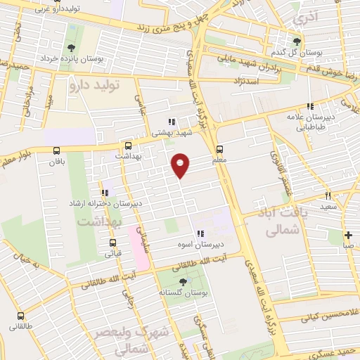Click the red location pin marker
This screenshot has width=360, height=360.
point(181,165)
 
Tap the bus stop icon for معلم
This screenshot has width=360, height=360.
point(220,149)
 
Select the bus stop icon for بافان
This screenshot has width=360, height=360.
point(56,150)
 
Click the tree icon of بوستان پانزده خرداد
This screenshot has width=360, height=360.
point(71,48)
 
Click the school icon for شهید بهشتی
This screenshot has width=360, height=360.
point(172,121)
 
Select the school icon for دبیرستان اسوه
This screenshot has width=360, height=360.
point(200,233)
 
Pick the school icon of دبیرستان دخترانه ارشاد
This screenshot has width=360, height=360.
point(105,193)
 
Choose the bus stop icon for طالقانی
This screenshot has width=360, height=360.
point(20,315)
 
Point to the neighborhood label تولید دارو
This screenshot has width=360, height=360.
point(95,84)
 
